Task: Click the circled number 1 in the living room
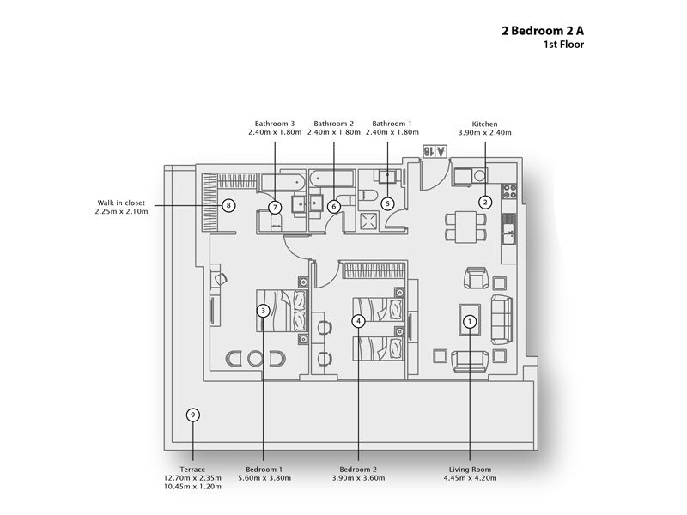pos(470,321)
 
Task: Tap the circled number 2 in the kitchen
pos(485,203)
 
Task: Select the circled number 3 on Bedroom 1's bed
pos(263,310)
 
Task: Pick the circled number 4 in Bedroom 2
pos(358,320)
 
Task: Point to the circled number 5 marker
pos(387,203)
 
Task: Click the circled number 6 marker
pos(334,206)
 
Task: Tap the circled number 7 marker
pos(275,207)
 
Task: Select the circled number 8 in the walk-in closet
pos(228,205)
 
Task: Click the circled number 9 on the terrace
pos(193,415)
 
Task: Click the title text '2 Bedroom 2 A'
pos(543,30)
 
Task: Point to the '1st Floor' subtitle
pos(564,45)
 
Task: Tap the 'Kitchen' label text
pos(484,124)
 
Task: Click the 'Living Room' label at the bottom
pos(471,470)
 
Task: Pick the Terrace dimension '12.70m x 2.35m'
pos(193,478)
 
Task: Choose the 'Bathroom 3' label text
pos(274,124)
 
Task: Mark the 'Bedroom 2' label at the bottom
pos(358,470)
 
